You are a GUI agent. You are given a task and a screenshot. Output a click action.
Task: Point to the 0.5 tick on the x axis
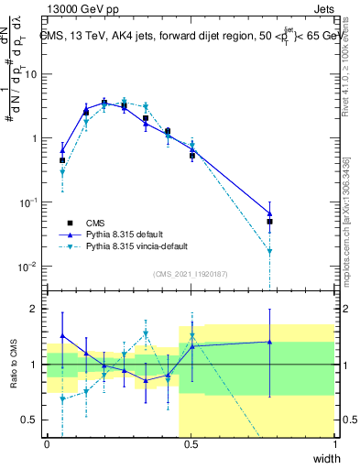coord(191,442)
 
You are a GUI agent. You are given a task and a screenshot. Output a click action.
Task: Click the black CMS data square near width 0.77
coord(270,222)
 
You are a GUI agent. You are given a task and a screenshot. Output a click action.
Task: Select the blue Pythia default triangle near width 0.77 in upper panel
coord(270,213)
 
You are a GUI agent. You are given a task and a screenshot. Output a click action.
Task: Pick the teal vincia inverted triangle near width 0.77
coord(270,251)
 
